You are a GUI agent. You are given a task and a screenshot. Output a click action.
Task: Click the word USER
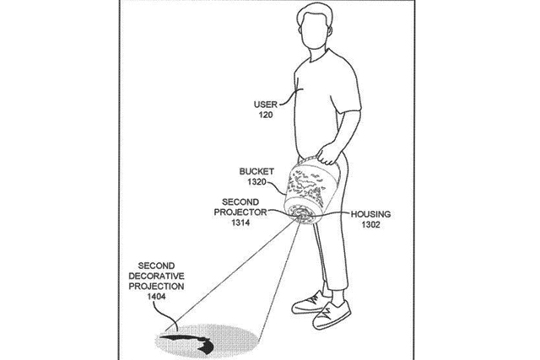coord(266,105)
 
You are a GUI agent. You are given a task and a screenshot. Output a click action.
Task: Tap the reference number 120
coord(266,115)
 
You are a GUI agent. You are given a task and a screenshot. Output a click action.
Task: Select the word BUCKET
coord(256,171)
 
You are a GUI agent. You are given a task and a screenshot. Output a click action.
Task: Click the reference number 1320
coord(256,182)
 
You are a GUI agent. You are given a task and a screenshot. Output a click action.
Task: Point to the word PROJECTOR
coord(240,212)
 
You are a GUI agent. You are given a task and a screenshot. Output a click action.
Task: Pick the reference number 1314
coord(240,223)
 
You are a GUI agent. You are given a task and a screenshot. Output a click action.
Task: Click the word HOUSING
coord(370,214)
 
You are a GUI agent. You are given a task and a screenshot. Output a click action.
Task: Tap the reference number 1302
coord(370,225)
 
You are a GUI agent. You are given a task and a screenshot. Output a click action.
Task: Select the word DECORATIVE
coord(156,276)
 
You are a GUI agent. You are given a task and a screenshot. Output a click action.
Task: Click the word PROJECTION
coord(156,287)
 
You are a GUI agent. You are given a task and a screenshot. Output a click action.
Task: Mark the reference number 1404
coord(156,297)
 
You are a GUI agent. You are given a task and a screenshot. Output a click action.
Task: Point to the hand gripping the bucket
coord(329,153)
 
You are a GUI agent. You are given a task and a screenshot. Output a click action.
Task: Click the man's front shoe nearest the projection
coord(332,314)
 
